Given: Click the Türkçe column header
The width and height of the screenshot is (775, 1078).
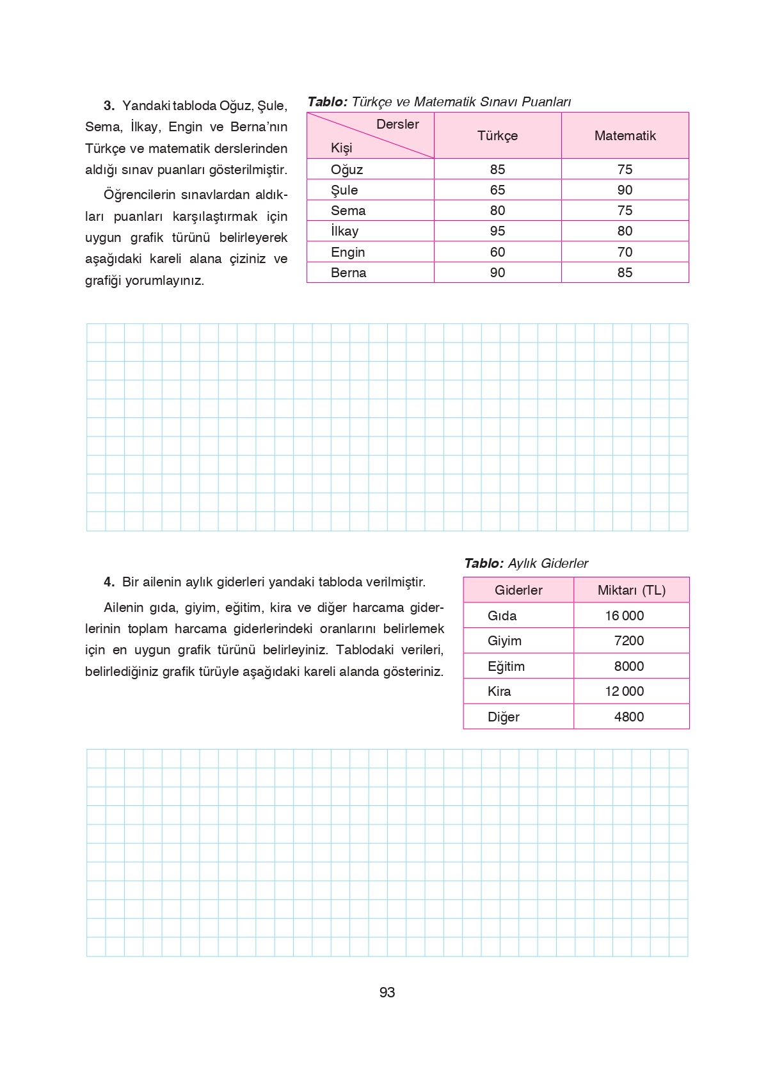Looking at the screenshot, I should tap(497, 136).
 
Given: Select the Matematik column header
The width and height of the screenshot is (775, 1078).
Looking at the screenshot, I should tap(625, 136).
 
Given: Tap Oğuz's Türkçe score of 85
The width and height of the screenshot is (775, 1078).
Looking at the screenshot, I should tap(497, 170).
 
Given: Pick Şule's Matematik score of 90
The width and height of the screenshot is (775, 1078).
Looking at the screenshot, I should tap(625, 190).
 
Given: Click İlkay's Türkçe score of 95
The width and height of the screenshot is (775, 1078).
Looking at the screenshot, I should tap(497, 231).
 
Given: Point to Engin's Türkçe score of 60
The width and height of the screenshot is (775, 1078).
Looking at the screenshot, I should tap(497, 252).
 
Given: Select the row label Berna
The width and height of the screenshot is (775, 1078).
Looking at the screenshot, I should tap(348, 273).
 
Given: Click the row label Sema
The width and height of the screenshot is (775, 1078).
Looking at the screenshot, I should tap(348, 211).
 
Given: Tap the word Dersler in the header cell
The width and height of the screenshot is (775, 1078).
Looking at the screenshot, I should tap(397, 124).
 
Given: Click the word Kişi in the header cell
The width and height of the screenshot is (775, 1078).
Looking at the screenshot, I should tap(341, 148).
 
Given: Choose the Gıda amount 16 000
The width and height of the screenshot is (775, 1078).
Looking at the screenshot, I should tap(624, 616).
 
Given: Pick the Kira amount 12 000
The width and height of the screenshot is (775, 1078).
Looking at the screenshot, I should tap(624, 691).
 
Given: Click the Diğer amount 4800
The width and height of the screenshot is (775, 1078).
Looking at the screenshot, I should tap(628, 717).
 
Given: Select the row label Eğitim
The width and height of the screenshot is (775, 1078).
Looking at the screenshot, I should tap(506, 666).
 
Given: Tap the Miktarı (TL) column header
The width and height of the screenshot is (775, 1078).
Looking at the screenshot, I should tap(631, 590).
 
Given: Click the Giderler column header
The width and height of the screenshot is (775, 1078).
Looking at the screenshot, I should tap(518, 590).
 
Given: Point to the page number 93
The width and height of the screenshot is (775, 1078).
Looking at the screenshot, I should tap(387, 992).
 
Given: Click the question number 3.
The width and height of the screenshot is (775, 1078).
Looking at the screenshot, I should tap(109, 106).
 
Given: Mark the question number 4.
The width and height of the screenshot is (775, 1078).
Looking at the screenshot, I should tap(109, 582).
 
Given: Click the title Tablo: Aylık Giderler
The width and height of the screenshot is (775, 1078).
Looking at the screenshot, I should tap(525, 563).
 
